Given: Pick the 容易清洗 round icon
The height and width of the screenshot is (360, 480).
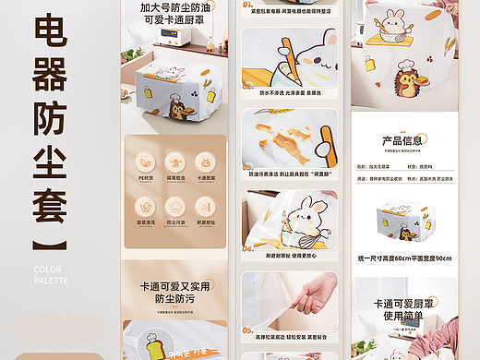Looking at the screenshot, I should click(145, 206).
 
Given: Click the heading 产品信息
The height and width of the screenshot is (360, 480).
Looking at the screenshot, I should click(404, 141).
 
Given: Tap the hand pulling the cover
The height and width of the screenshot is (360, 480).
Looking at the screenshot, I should click(313, 294).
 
